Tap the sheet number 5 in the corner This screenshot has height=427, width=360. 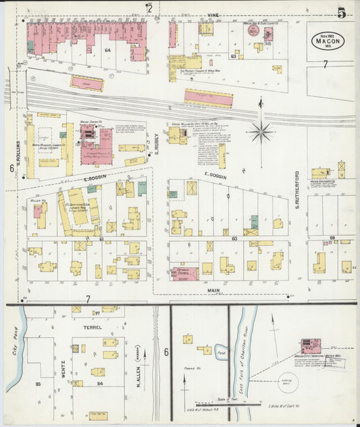342,12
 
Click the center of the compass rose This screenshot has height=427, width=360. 261,130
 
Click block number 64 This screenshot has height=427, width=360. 107,50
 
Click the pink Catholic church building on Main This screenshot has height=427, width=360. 184,273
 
